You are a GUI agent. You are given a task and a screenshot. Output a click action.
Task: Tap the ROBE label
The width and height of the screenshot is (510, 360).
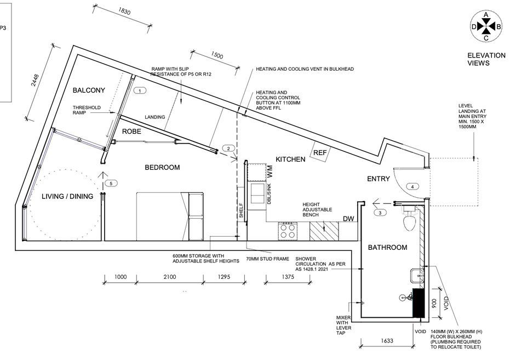[132, 132]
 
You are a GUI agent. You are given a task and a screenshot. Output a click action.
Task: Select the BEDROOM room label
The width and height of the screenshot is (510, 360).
[162, 167]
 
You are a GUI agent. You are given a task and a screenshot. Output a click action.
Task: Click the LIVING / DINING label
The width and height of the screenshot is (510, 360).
[67, 196]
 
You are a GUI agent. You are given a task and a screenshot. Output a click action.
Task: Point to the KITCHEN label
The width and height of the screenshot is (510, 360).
[290, 159]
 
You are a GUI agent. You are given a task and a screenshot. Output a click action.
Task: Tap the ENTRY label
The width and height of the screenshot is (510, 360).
[378, 179]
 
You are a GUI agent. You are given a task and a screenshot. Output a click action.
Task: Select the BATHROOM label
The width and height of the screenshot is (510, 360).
[387, 248]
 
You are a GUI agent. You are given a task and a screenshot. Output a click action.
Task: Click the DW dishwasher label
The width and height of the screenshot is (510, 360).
[348, 219]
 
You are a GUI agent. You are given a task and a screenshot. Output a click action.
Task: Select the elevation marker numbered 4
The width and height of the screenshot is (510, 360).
[412, 186]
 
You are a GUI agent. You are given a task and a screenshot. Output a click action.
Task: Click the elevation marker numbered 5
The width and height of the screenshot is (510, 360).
[111, 183]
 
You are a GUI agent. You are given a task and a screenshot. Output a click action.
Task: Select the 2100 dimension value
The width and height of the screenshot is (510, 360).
[169, 277]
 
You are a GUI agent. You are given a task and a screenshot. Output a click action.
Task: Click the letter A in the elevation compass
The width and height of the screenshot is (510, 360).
[485, 15]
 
